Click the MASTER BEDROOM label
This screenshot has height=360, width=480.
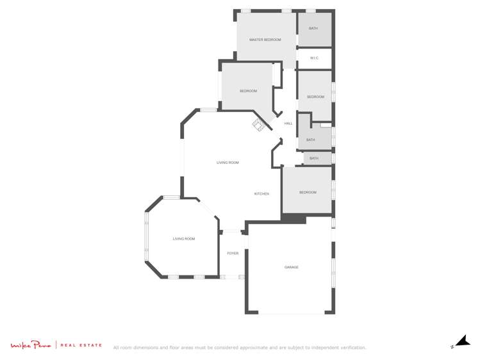click(265, 40)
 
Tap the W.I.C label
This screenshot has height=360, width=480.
click(314, 58)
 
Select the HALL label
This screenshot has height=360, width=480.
click(288, 124)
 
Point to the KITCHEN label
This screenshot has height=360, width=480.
click(261, 193)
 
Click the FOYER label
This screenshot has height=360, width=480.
click(233, 254)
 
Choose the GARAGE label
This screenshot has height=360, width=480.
click(291, 267)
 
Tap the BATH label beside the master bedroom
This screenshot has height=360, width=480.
click(313, 29)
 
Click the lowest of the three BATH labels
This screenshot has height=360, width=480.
click(314, 158)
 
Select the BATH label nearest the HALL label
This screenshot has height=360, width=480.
click(311, 140)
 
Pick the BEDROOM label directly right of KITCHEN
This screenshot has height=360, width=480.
click(308, 192)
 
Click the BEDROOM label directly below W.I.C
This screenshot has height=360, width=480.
click(315, 97)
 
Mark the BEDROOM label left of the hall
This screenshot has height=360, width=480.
click(248, 91)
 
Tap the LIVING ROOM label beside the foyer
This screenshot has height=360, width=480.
click(184, 239)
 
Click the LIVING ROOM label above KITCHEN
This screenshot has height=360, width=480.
click(228, 163)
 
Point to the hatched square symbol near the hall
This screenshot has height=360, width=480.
click(258, 124)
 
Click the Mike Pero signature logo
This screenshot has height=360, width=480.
click(30, 345)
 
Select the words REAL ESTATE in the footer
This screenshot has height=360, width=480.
click(81, 345)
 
